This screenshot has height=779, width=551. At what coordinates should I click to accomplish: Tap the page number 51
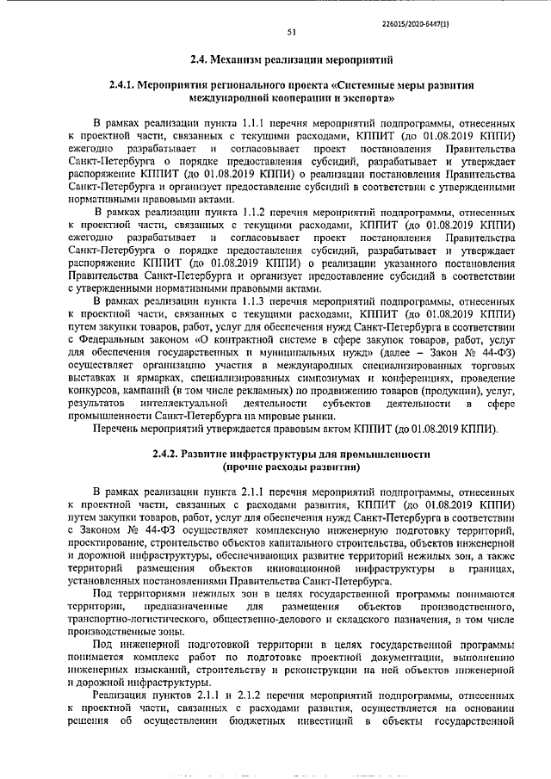291,34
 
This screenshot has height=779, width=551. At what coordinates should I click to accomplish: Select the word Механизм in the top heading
243,60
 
